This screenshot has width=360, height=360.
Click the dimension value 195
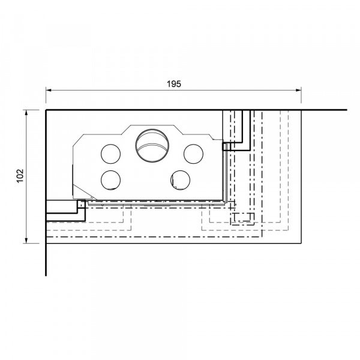pyautogui.click(x=174, y=84)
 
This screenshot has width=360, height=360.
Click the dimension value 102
pyautogui.click(x=20, y=176)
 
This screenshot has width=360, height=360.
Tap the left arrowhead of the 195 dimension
pyautogui.click(x=48, y=90)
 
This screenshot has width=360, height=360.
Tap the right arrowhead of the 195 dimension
pyautogui.click(x=299, y=90)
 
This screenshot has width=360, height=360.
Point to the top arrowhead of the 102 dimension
pyautogui.click(x=26, y=113)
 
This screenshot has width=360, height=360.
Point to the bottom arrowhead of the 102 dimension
pyautogui.click(x=26, y=241)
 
